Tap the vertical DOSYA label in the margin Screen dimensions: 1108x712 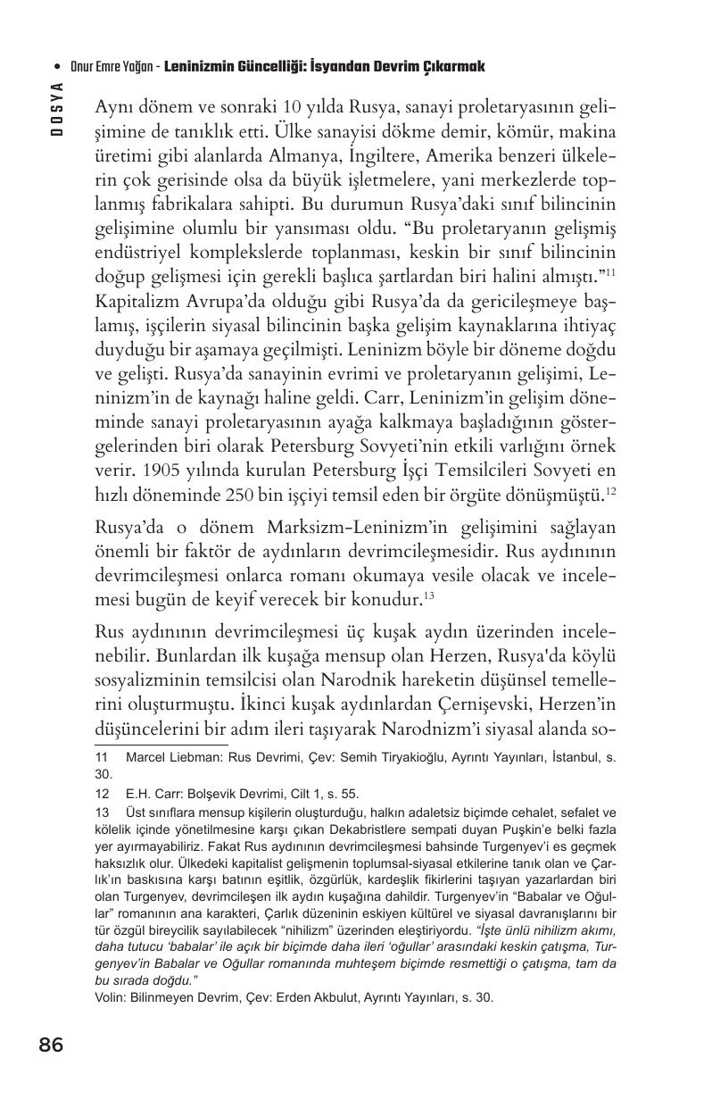click(57, 108)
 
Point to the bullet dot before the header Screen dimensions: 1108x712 click(58, 67)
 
